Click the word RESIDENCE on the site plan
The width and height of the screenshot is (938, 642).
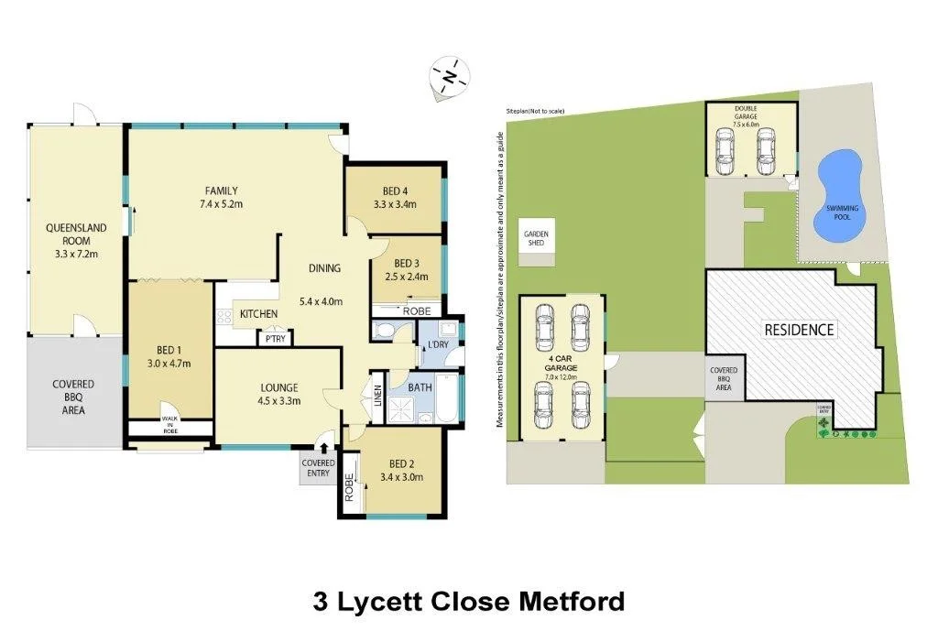(x=800, y=329)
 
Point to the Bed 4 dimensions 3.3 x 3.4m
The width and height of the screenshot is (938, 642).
(x=395, y=204)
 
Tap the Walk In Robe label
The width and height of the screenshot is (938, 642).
(x=170, y=423)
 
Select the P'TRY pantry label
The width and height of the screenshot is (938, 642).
(x=274, y=338)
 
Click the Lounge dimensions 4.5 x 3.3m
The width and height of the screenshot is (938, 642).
(x=278, y=399)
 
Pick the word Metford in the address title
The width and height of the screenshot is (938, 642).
(x=572, y=602)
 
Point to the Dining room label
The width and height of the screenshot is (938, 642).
(x=324, y=268)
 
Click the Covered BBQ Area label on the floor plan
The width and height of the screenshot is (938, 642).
(x=73, y=397)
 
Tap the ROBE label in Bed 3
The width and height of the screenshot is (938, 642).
(x=417, y=310)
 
